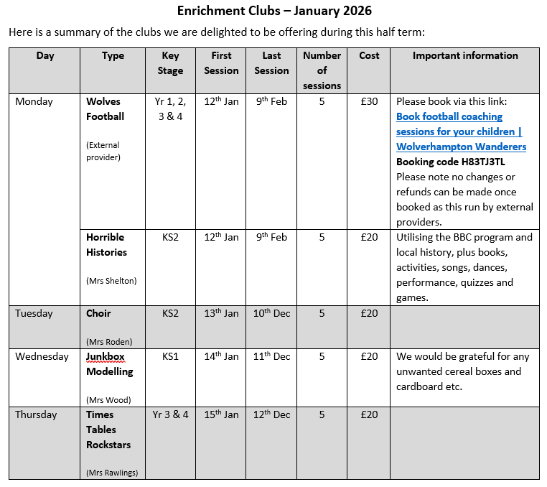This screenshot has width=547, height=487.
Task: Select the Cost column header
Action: pos(369,56)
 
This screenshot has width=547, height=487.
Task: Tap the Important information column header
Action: pos(464,56)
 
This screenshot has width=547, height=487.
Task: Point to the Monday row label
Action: pos(34,102)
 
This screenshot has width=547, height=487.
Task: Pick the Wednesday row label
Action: pos(42,357)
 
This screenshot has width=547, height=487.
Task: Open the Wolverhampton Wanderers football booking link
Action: pos(461,131)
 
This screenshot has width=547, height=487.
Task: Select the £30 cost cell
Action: pos(369,102)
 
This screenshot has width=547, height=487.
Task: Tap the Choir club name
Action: pos(98,314)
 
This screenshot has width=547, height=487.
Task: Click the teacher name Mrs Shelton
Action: pos(111,281)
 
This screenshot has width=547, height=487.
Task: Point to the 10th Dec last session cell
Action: pos(272,314)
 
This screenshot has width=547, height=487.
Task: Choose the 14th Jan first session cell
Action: pos(221,357)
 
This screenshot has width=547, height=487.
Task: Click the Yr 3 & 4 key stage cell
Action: pos(171,415)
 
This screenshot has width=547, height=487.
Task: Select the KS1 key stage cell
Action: pos(171,357)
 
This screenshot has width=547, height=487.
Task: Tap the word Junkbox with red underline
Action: pos(106,357)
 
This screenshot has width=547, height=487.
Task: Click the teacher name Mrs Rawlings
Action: pos(112,473)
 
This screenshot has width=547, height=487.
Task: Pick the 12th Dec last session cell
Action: pos(272,415)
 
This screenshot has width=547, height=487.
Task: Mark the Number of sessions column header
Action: pos(322,70)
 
